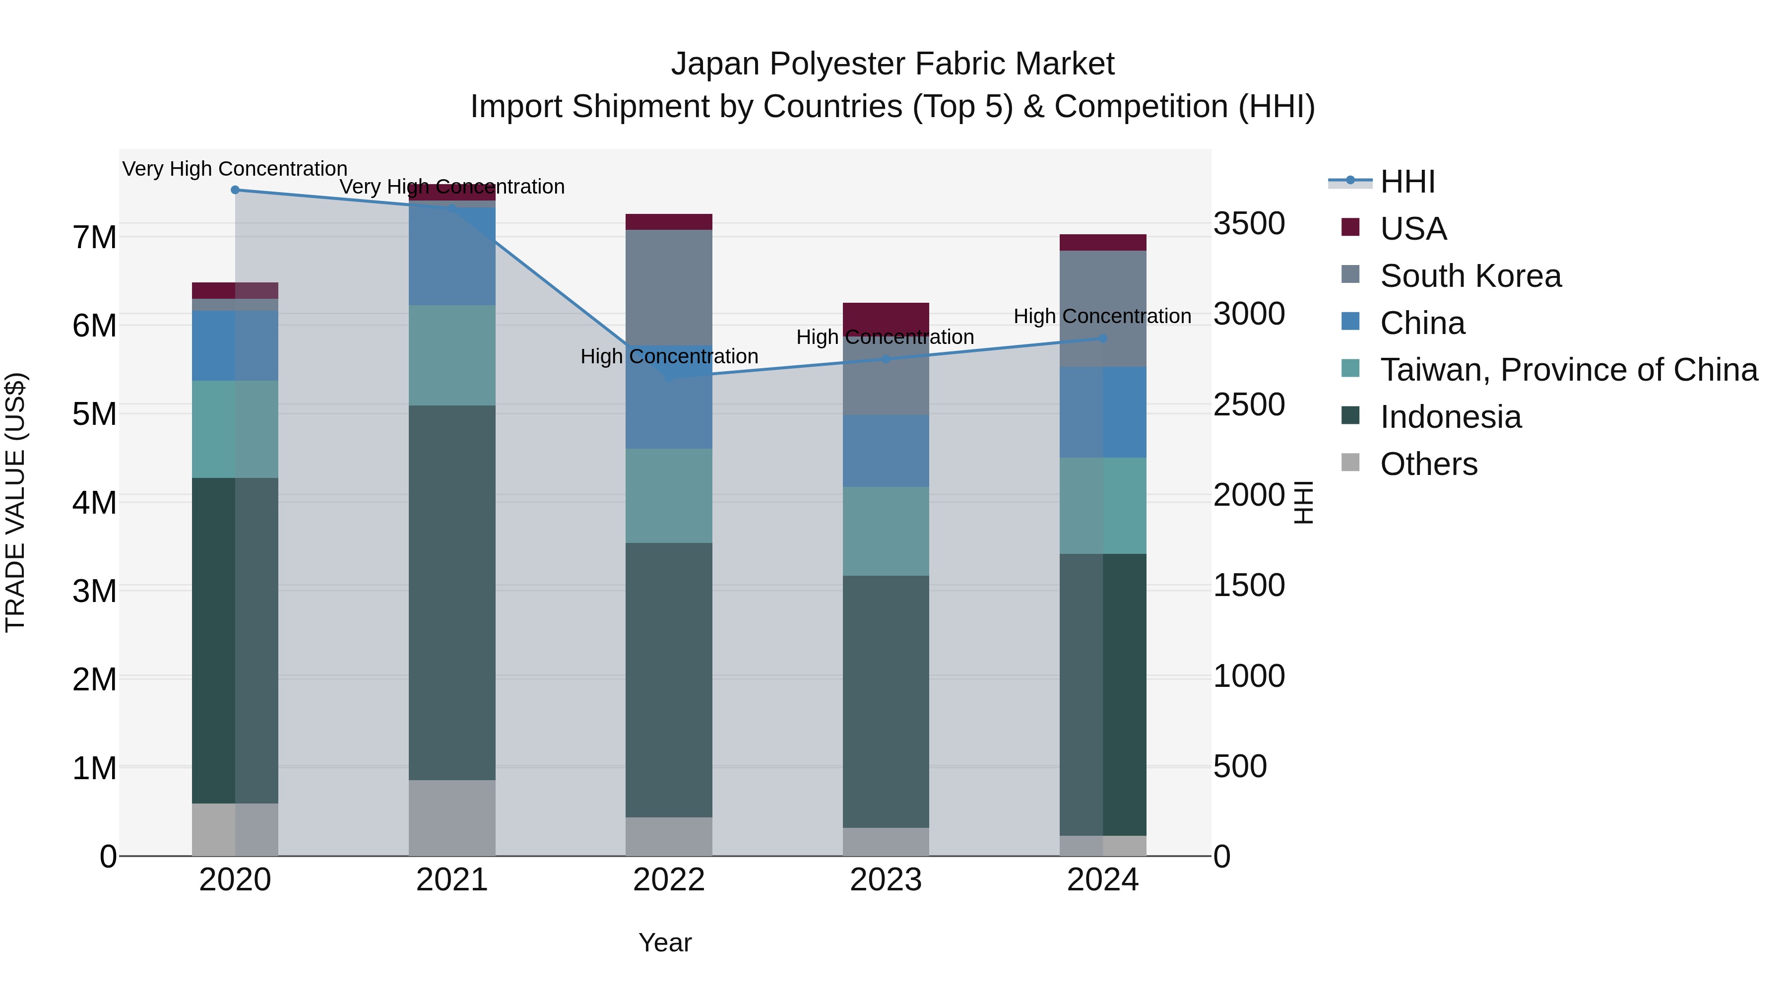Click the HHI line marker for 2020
pyautogui.click(x=235, y=190)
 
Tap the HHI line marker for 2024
pyautogui.click(x=1102, y=338)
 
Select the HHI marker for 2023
pyautogui.click(x=886, y=359)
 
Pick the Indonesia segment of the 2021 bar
pyautogui.click(x=452, y=593)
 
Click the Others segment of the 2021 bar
pyautogui.click(x=452, y=818)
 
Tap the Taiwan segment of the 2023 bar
pyautogui.click(x=886, y=531)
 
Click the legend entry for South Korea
pyautogui.click(x=1470, y=276)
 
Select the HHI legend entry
pyautogui.click(x=1407, y=182)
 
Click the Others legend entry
pyautogui.click(x=1428, y=464)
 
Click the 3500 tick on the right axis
pyautogui.click(x=1249, y=224)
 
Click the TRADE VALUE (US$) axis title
pyautogui.click(x=15, y=502)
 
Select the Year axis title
pyautogui.click(x=665, y=942)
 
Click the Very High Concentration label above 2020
pyautogui.click(x=235, y=169)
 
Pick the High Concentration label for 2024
pyautogui.click(x=1102, y=316)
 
